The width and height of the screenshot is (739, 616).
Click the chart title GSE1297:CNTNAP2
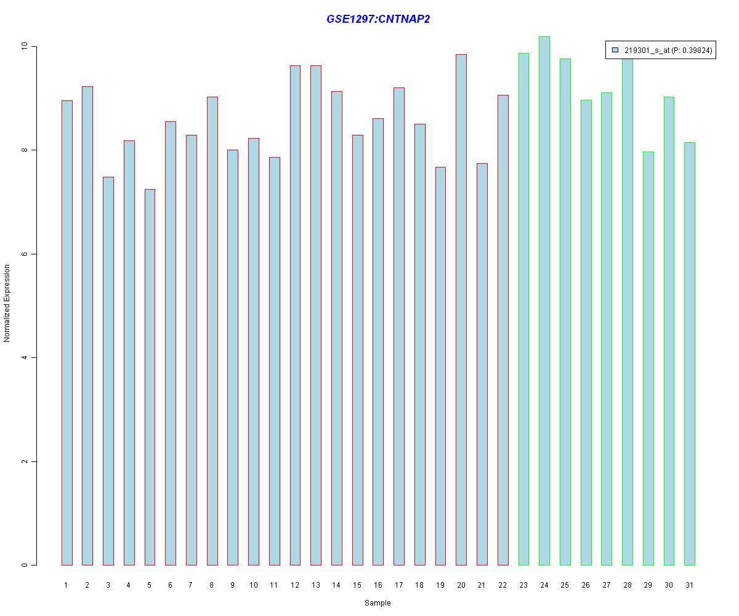378,19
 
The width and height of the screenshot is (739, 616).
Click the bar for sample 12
295,315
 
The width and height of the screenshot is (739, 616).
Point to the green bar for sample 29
648,358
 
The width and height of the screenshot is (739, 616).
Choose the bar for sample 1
67,333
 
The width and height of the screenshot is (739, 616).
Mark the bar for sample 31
690,354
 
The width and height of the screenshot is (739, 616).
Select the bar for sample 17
399,326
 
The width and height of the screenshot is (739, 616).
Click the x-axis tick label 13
315,585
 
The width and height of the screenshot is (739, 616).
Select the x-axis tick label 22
503,585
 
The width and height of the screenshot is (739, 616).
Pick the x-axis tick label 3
108,585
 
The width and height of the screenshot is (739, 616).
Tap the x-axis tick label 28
627,585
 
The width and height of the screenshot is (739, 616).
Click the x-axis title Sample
378,603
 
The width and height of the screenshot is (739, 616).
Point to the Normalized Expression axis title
7,303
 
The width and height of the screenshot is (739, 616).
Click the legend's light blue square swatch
615,51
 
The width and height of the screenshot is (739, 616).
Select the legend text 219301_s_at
647,51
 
